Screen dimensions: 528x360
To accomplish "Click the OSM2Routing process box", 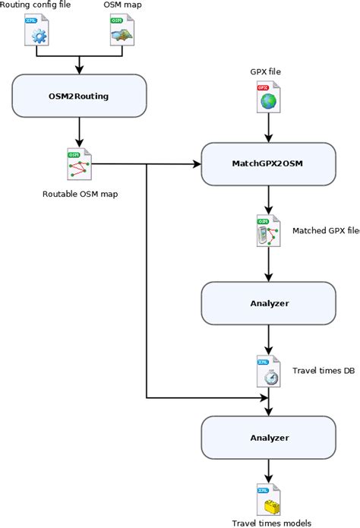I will point(78,96).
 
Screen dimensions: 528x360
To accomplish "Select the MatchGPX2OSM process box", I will point(267,163).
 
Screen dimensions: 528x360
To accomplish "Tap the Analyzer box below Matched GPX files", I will point(267,303).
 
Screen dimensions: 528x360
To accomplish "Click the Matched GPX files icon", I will point(267,232).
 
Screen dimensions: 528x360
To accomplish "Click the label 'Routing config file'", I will point(36,6).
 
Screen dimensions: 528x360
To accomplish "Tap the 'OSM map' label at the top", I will point(121,6).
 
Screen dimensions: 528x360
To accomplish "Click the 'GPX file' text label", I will point(267,72).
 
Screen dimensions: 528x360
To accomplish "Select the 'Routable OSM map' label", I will point(80,194).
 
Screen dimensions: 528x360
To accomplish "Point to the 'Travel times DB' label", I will point(323,371).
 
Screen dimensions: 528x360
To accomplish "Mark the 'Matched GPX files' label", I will point(326,230).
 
